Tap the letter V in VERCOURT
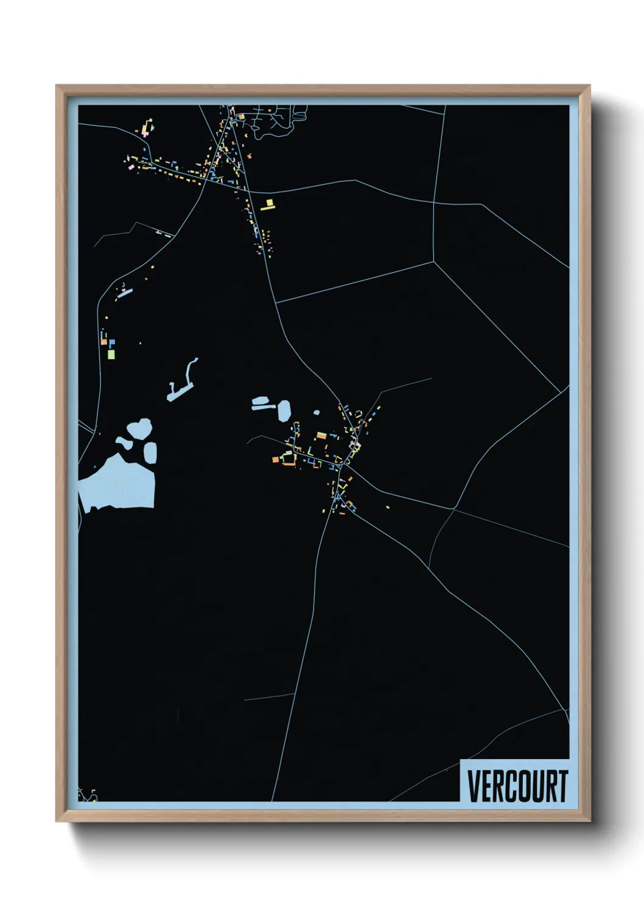tap(474, 786)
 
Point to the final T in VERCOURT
tap(562, 786)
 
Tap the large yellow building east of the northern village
tap(268, 205)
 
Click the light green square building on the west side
tap(111, 353)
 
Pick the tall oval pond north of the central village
tap(284, 410)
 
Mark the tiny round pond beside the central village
tap(317, 413)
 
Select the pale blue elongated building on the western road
tap(125, 293)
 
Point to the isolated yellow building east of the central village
tap(388, 507)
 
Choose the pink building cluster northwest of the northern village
tap(148, 128)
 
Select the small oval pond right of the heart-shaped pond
tap(150, 452)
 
